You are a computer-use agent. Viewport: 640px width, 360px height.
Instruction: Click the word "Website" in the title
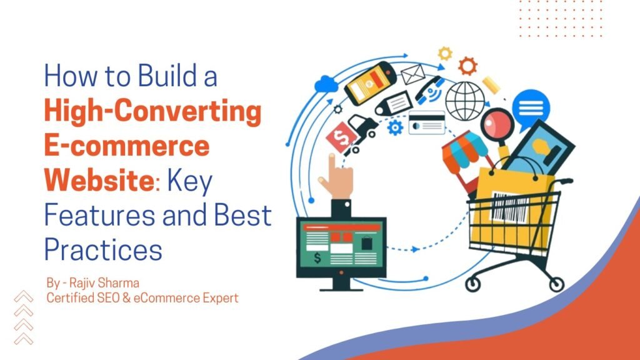(97, 181)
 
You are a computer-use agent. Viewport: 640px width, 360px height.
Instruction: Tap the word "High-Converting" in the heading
(152, 114)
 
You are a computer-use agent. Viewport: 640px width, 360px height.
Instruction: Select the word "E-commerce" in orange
(126, 147)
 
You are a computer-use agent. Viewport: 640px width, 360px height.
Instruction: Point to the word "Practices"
(103, 249)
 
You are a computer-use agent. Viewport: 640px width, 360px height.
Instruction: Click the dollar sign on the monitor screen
(317, 257)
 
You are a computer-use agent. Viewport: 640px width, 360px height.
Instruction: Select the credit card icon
(427, 123)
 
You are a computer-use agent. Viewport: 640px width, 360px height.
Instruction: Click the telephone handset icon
(429, 90)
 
